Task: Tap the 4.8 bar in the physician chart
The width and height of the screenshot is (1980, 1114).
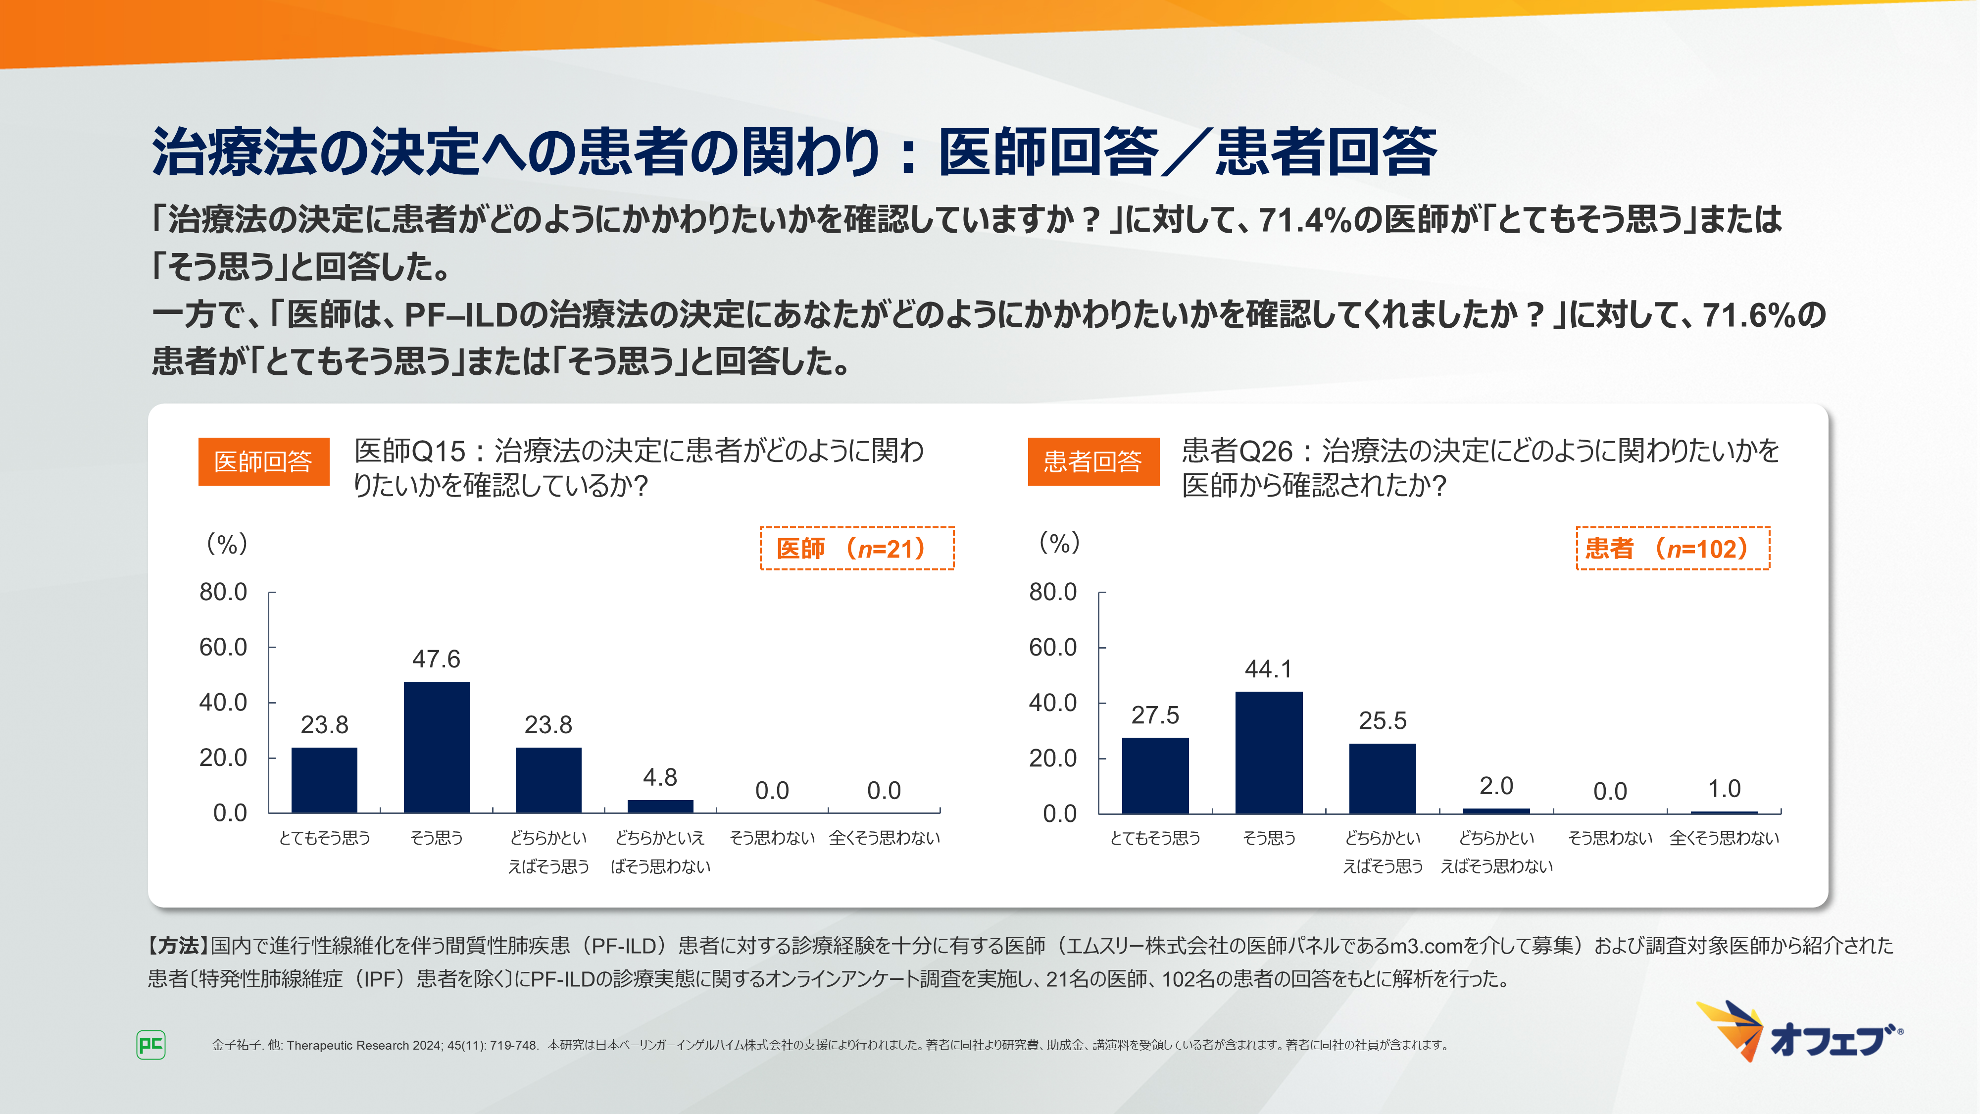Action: pyautogui.click(x=660, y=806)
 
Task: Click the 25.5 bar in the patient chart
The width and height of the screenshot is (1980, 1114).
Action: pyautogui.click(x=1382, y=778)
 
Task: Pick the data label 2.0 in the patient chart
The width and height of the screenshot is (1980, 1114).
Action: pyautogui.click(x=1496, y=786)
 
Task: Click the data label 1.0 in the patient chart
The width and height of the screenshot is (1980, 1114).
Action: pyautogui.click(x=1724, y=788)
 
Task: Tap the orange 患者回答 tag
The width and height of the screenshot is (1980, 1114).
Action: pyautogui.click(x=1093, y=461)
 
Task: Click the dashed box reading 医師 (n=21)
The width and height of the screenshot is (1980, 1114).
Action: pyautogui.click(x=856, y=548)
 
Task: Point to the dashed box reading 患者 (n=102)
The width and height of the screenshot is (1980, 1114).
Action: pyautogui.click(x=1673, y=548)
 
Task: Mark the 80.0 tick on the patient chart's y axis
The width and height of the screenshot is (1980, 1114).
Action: pyautogui.click(x=1052, y=592)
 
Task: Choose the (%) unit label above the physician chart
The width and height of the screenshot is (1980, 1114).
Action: pyautogui.click(x=227, y=544)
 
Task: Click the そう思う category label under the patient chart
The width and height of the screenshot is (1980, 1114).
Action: pyautogui.click(x=1269, y=838)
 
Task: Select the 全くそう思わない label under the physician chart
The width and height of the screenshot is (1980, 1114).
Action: pyautogui.click(x=884, y=838)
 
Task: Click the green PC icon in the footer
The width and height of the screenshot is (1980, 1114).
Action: pyautogui.click(x=150, y=1045)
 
